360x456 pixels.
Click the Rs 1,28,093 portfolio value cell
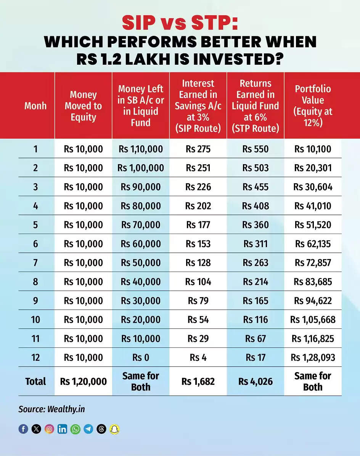click(313, 358)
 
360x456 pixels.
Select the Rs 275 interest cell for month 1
click(198, 149)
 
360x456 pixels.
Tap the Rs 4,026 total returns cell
click(256, 381)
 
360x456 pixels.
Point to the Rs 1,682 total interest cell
click(198, 381)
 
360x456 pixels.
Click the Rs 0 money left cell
click(140, 358)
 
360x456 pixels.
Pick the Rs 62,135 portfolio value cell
click(313, 244)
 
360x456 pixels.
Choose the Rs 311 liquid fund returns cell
click(256, 244)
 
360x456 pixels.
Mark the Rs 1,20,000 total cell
click(83, 381)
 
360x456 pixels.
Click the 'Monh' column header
click(35, 106)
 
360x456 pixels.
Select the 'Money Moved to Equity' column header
click(83, 106)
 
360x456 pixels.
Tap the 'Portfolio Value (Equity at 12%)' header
click(313, 106)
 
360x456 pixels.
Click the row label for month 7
click(35, 263)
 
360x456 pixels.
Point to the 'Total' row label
click(35, 381)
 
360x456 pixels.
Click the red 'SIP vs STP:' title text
click(180, 22)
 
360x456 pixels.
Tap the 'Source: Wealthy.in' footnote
click(51, 409)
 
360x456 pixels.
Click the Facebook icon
click(23, 429)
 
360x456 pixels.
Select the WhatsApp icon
click(76, 429)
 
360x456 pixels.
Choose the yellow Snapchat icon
click(114, 429)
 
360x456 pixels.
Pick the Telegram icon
click(88, 429)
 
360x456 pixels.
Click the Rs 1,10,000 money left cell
click(140, 149)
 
